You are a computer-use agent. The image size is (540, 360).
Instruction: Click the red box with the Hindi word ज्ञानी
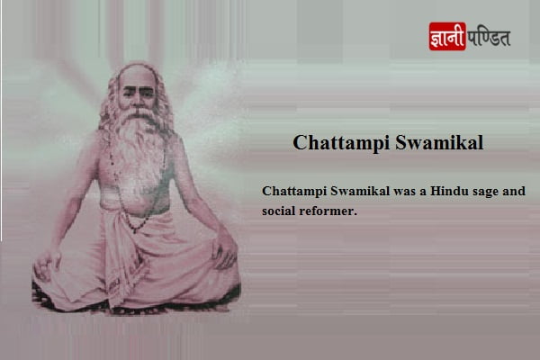tap(447, 36)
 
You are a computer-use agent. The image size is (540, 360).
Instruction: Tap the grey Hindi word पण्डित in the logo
tap(489, 37)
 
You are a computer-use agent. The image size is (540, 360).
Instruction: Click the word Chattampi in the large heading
tap(341, 143)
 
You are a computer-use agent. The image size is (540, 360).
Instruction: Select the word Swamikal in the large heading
tap(439, 142)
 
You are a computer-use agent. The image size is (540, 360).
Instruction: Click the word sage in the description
tap(486, 192)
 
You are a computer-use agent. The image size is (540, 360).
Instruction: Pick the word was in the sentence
tap(405, 191)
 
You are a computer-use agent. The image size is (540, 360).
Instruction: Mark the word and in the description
tap(514, 191)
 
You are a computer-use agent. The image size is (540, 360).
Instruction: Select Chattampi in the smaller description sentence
tap(294, 191)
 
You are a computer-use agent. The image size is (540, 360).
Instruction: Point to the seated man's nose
tap(138, 100)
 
